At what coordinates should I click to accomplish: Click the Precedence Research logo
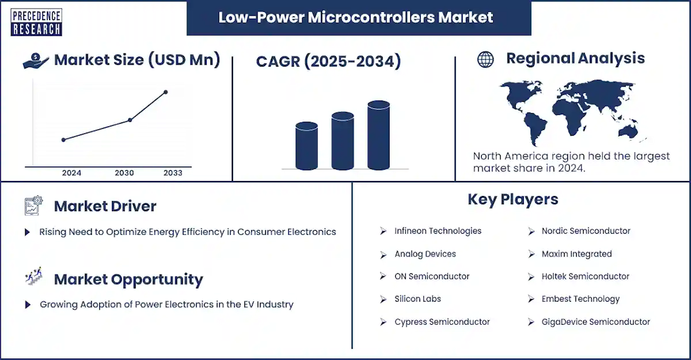coord(36,22)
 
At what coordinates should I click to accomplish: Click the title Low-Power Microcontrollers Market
coord(356,17)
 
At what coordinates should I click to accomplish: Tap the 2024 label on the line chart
coord(72,173)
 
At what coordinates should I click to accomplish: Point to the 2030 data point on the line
coord(130,120)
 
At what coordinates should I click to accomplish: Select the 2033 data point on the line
coord(166,92)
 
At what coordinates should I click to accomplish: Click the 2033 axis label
coord(173,173)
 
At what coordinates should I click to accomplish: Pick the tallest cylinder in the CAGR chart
coord(379,135)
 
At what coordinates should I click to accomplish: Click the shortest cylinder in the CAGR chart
coord(307,146)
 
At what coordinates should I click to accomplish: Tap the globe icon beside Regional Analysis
coord(486,60)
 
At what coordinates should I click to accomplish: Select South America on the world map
coord(535,128)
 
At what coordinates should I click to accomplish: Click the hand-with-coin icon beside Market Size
coord(35,61)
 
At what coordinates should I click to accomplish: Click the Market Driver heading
coord(105,206)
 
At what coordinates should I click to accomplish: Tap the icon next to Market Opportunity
coord(34,276)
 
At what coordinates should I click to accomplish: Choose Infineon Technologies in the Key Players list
coord(438,231)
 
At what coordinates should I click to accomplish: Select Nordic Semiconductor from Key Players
coord(585,231)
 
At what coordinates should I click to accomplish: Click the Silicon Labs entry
coord(417,299)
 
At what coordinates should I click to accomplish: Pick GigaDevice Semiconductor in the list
coord(596,322)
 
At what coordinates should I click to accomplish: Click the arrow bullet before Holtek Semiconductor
coord(531,276)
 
